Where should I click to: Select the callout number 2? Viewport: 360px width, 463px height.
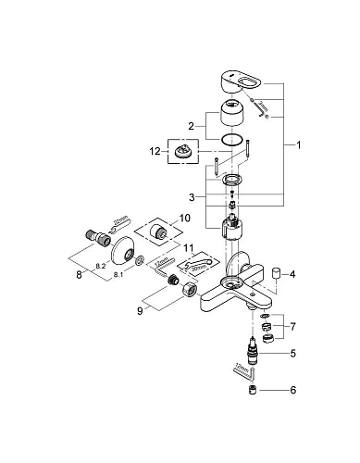click(x=192, y=124)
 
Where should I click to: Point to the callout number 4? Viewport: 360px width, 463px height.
click(x=292, y=275)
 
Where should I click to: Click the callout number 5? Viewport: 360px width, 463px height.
click(x=293, y=353)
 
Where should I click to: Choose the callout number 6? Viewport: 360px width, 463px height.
click(x=293, y=391)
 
